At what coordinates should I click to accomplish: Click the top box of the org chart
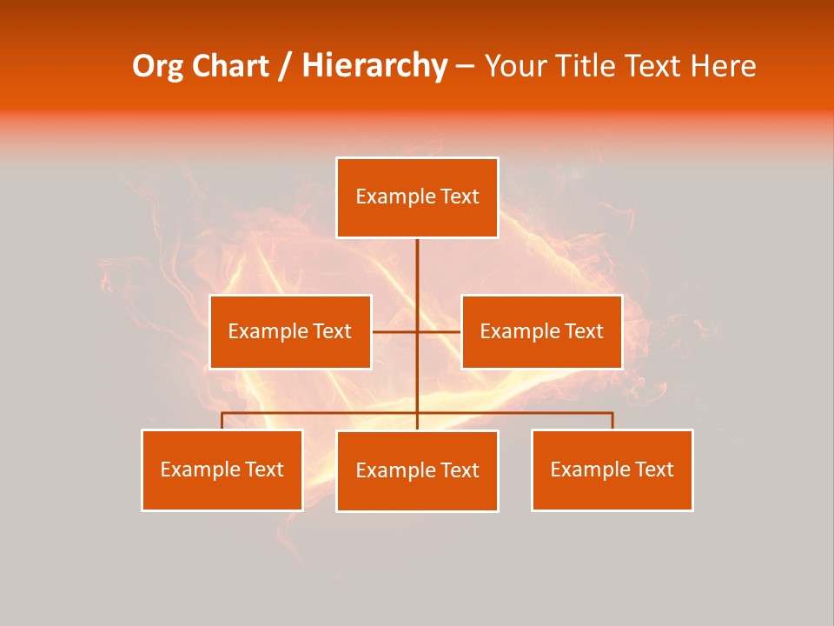417,197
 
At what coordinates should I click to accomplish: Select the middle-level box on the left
290,331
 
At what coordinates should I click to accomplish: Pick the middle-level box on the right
541,331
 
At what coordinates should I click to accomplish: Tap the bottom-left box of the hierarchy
222,469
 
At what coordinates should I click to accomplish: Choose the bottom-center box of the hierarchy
417,470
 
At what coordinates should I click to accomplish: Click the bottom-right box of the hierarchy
612,469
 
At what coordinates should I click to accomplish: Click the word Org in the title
157,66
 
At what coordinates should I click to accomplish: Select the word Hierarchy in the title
374,66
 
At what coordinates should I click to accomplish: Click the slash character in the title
285,66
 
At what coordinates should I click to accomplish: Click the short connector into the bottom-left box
222,421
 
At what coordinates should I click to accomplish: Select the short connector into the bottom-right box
612,421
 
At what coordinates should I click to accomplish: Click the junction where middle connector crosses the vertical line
417,331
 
